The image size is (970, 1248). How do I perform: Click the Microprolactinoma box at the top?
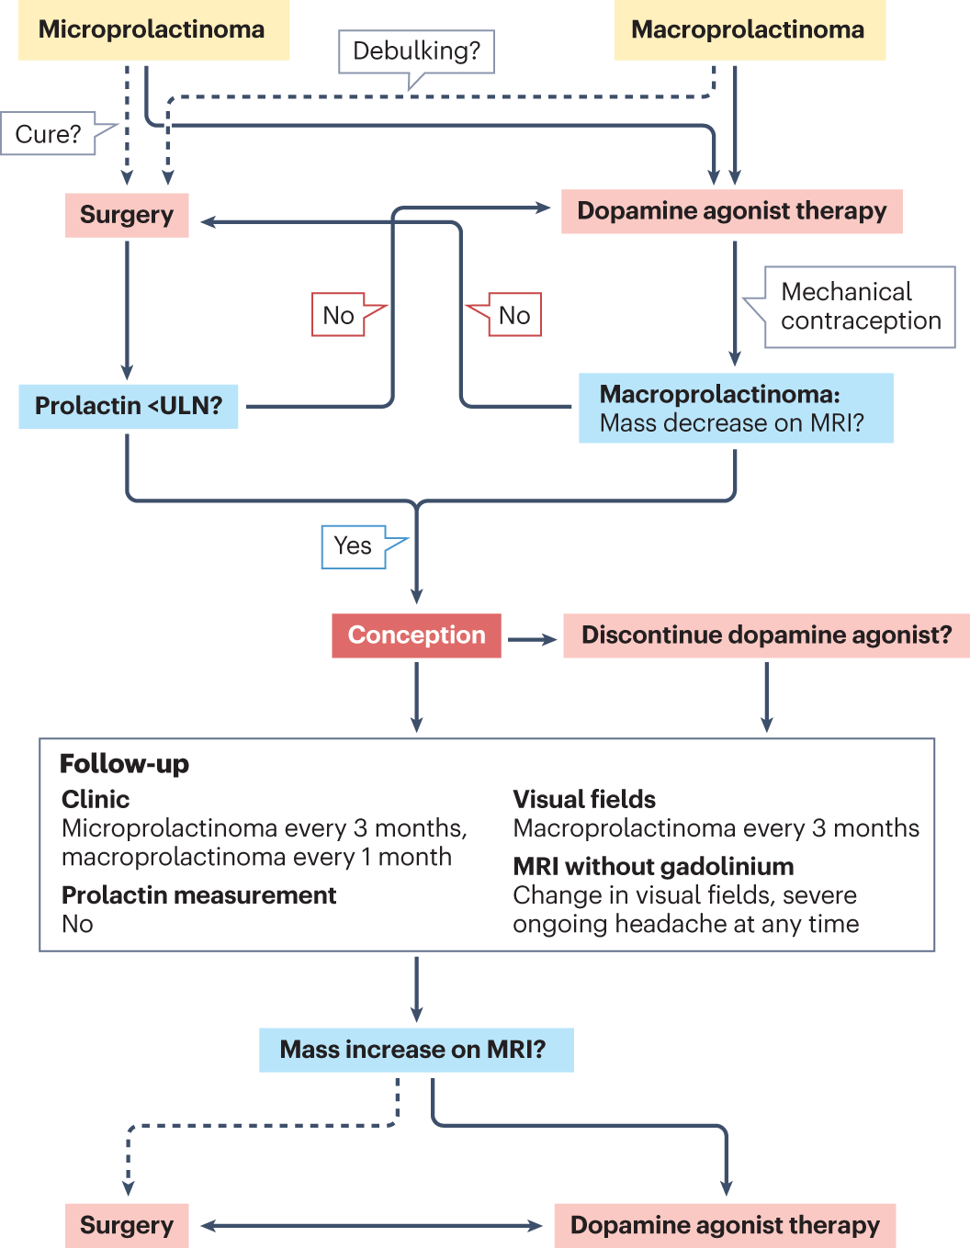(x=152, y=29)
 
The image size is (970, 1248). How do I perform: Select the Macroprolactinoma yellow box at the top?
(x=749, y=29)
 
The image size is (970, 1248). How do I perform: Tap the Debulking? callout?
(x=416, y=51)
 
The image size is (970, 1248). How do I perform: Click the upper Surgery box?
(x=127, y=215)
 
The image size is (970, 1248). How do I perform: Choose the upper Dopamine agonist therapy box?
(x=731, y=211)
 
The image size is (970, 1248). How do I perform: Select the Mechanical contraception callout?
(x=860, y=307)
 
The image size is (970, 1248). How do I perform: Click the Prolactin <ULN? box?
(x=129, y=406)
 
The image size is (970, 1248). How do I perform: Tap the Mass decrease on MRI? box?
(x=735, y=409)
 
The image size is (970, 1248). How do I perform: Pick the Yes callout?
(x=353, y=546)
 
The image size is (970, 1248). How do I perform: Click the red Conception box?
(x=416, y=635)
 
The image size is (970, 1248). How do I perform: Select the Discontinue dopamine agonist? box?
(x=766, y=635)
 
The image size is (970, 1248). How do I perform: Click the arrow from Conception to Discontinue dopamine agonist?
(x=532, y=639)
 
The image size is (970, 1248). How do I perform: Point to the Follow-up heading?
(x=124, y=764)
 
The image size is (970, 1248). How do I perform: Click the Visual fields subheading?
(x=584, y=799)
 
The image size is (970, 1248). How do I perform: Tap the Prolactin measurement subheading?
(x=198, y=895)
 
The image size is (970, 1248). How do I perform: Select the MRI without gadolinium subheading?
(x=653, y=866)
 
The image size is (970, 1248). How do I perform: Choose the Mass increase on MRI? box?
(x=416, y=1050)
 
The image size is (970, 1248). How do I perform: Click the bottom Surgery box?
(x=127, y=1225)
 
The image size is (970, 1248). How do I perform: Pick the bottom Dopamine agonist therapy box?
(x=725, y=1225)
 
